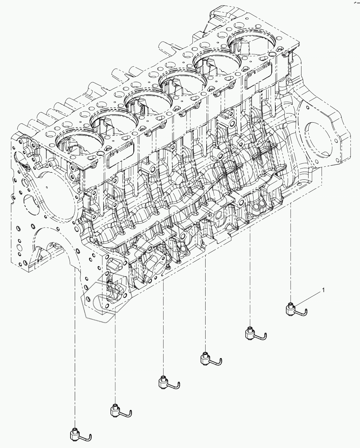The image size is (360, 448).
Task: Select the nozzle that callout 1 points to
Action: pos(292,310)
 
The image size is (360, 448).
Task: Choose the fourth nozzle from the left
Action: pos(207,358)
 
